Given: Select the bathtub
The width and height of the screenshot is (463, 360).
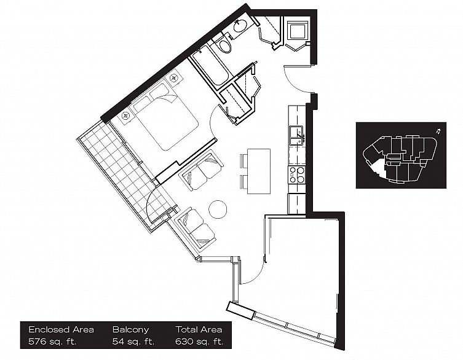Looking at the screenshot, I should pos(208,68).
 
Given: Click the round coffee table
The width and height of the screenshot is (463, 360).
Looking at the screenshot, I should pos(218,209).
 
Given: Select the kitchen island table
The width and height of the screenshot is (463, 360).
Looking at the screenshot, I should pos(258,171).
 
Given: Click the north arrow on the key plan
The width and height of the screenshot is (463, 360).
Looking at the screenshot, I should pos(436,131).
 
